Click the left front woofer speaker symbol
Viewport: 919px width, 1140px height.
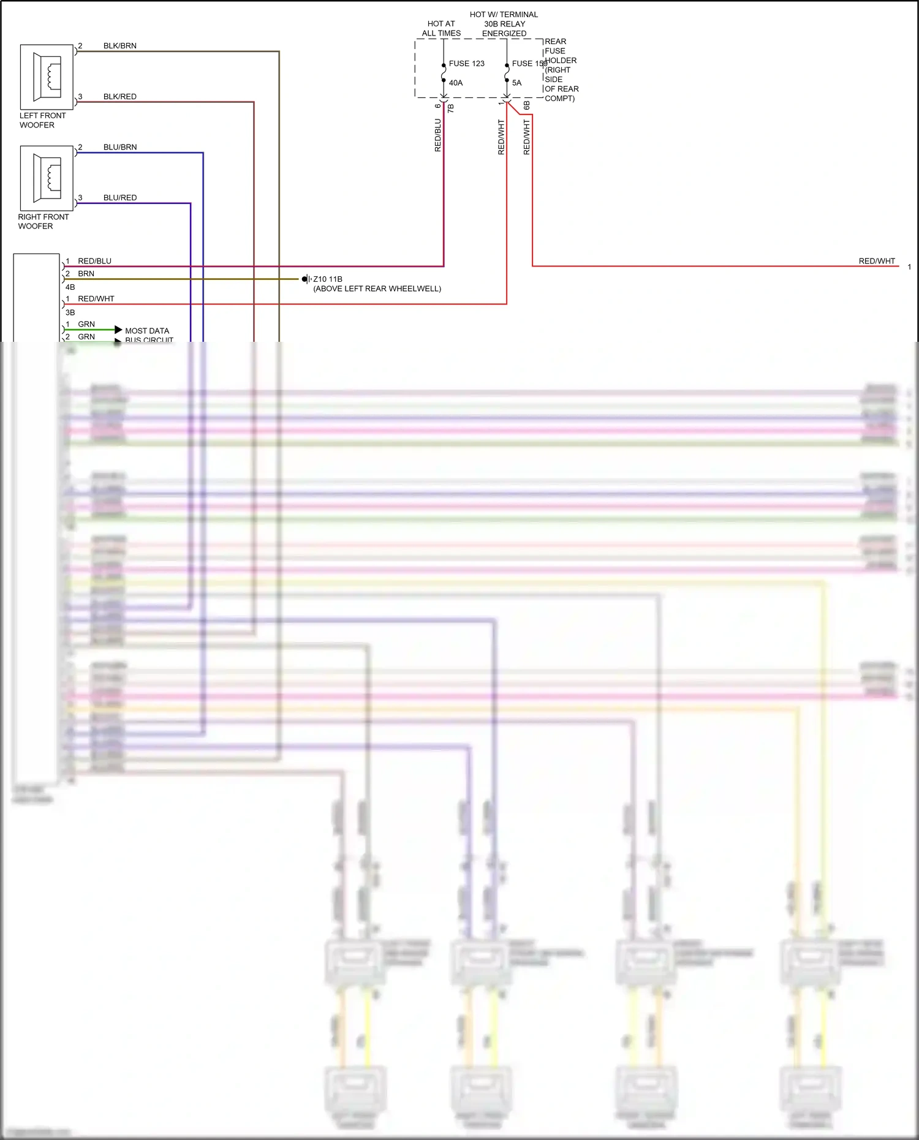tap(47, 77)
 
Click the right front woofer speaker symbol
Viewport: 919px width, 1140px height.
tap(47, 178)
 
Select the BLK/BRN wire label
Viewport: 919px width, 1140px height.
tap(120, 46)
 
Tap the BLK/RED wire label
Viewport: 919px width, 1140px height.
tap(120, 97)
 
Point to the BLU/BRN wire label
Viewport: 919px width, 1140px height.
tap(120, 148)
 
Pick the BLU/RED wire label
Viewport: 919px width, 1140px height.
tap(120, 198)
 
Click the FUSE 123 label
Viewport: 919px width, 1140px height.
tap(466, 64)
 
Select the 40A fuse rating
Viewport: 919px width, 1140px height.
tap(456, 83)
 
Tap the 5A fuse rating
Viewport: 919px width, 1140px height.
tap(516, 83)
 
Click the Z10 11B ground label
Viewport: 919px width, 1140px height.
tap(328, 279)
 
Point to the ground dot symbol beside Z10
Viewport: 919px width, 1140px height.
tap(304, 279)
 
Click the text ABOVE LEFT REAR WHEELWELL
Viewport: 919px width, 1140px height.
tap(377, 289)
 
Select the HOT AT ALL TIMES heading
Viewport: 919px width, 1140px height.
tap(441, 29)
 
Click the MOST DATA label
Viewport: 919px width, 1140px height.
tap(147, 331)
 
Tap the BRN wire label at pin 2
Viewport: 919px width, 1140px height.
tap(86, 274)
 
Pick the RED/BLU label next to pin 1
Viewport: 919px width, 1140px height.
tap(94, 261)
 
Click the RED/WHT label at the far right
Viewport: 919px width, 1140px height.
tap(877, 261)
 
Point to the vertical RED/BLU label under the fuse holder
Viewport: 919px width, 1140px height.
tap(437, 135)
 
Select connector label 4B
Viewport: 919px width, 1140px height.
tap(70, 287)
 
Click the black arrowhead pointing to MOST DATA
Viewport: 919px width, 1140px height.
tap(118, 330)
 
